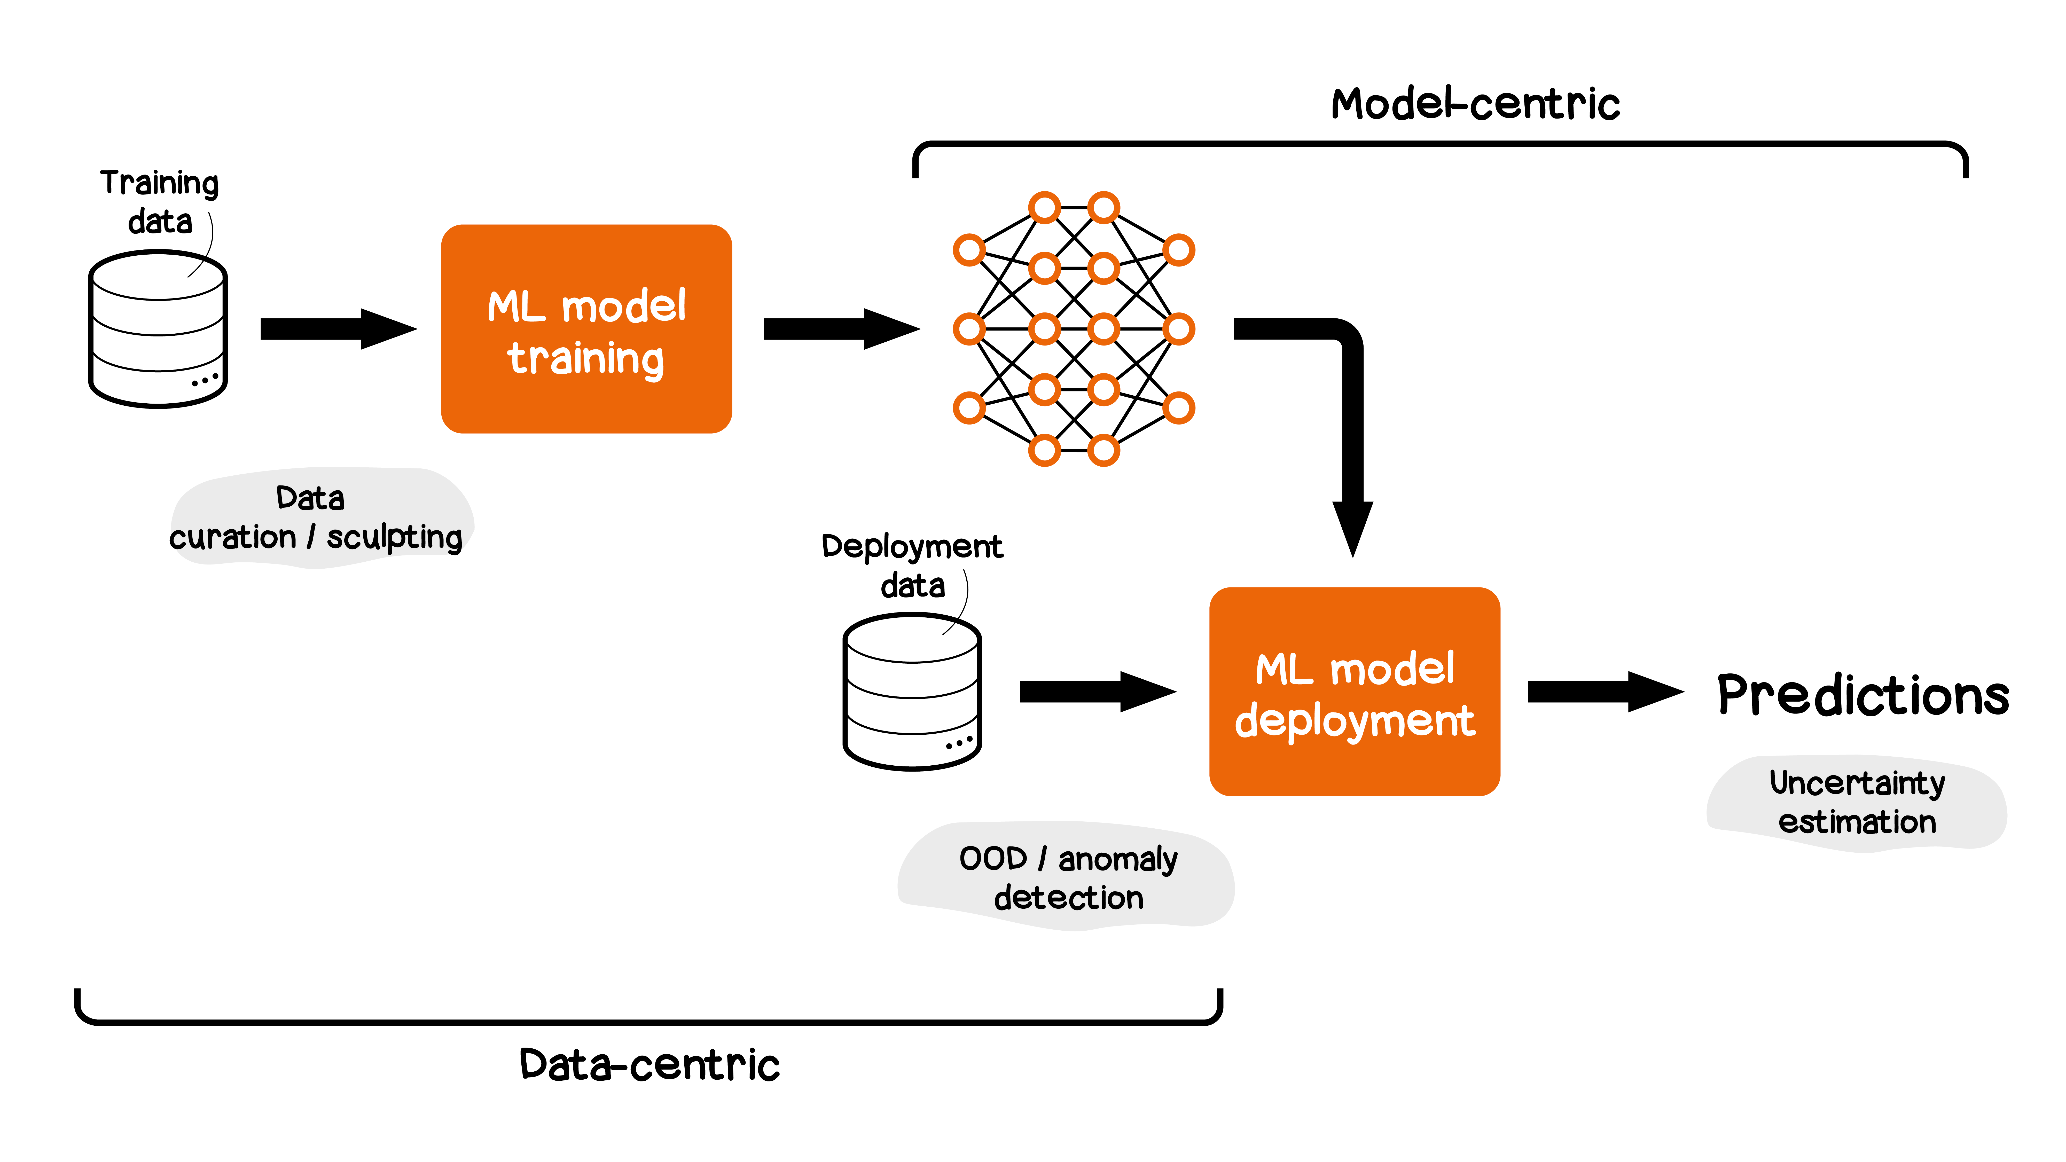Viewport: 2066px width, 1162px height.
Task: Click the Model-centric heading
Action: pyautogui.click(x=1475, y=104)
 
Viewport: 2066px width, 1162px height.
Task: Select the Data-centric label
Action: pyautogui.click(x=650, y=1065)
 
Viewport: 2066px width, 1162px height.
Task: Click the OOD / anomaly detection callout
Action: pyautogui.click(x=1068, y=877)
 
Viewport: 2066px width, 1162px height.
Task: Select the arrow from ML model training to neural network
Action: pyautogui.click(x=841, y=329)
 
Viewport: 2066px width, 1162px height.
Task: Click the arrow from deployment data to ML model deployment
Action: pyautogui.click(x=1096, y=691)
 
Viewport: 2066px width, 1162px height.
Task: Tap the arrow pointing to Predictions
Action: pyautogui.click(x=1604, y=691)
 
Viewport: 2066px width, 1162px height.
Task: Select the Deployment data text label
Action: pyautogui.click(x=912, y=565)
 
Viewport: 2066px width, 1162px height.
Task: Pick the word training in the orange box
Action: pyautogui.click(x=586, y=358)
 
